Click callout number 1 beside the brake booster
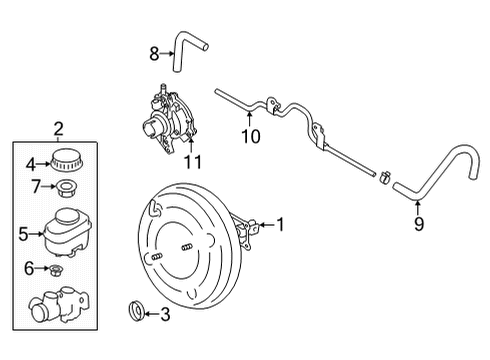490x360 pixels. coord(281,225)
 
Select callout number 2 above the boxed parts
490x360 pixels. coord(58,128)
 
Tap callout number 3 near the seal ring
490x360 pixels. coord(166,314)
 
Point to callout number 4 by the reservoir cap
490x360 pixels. coord(30,164)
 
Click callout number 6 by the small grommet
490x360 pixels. coord(30,268)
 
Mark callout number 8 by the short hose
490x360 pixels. coord(154,52)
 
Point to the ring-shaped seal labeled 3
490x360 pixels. coord(134,313)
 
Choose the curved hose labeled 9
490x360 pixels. coord(440,170)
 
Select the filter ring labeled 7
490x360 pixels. coord(65,188)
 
